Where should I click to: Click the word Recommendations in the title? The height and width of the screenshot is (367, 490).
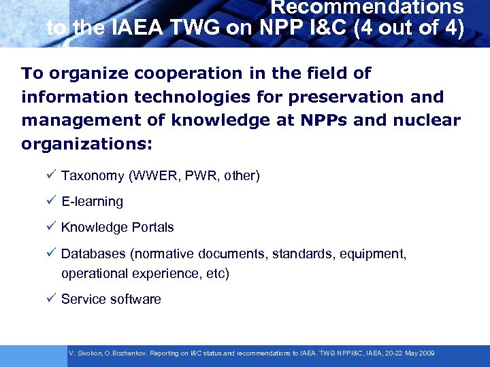(x=367, y=8)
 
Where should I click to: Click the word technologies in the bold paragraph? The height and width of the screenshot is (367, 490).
(x=176, y=97)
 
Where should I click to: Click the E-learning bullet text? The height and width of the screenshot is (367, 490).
(x=92, y=202)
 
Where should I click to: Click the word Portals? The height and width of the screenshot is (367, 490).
(x=150, y=228)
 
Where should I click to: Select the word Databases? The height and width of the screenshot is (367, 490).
(x=93, y=254)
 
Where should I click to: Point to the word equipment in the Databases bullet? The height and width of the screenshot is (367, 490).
(x=374, y=254)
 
